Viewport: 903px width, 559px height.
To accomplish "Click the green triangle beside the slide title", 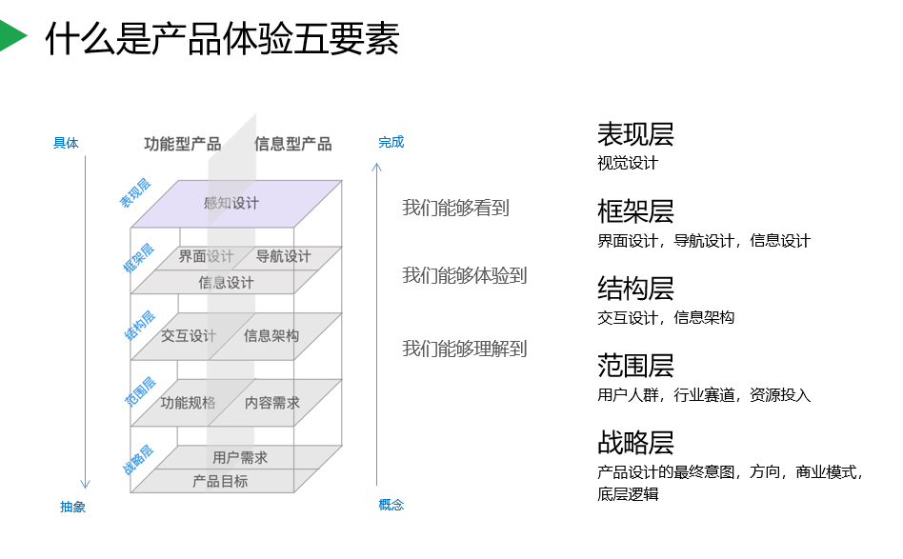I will (x=12, y=37).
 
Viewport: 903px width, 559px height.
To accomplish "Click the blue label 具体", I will (x=66, y=144).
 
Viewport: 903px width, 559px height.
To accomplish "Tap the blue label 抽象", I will (x=73, y=507).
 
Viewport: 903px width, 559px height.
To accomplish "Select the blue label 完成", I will (x=391, y=142).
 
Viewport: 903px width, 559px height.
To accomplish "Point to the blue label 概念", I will (x=391, y=505).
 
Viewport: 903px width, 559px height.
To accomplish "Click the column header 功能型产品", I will (x=183, y=144).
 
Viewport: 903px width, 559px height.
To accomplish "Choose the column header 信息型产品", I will (x=293, y=144).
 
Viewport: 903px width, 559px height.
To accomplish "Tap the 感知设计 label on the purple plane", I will (x=231, y=203).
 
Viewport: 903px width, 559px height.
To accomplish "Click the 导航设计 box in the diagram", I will (x=283, y=256).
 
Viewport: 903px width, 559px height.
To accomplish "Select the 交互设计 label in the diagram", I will (x=189, y=335).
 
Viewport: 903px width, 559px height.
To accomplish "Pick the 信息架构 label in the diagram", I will (x=271, y=335).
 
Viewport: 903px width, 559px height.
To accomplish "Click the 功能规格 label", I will (x=189, y=403).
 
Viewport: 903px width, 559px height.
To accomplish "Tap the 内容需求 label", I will (x=272, y=403).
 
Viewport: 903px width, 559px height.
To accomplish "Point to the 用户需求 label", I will (x=240, y=457).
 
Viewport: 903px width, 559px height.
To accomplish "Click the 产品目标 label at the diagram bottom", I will (x=220, y=481).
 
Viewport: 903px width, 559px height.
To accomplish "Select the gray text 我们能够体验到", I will (x=464, y=275).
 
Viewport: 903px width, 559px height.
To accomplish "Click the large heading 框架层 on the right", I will (x=635, y=210).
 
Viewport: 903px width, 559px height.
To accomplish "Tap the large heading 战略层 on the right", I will (x=635, y=442).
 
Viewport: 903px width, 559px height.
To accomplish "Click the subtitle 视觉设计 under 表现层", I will (x=628, y=163).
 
